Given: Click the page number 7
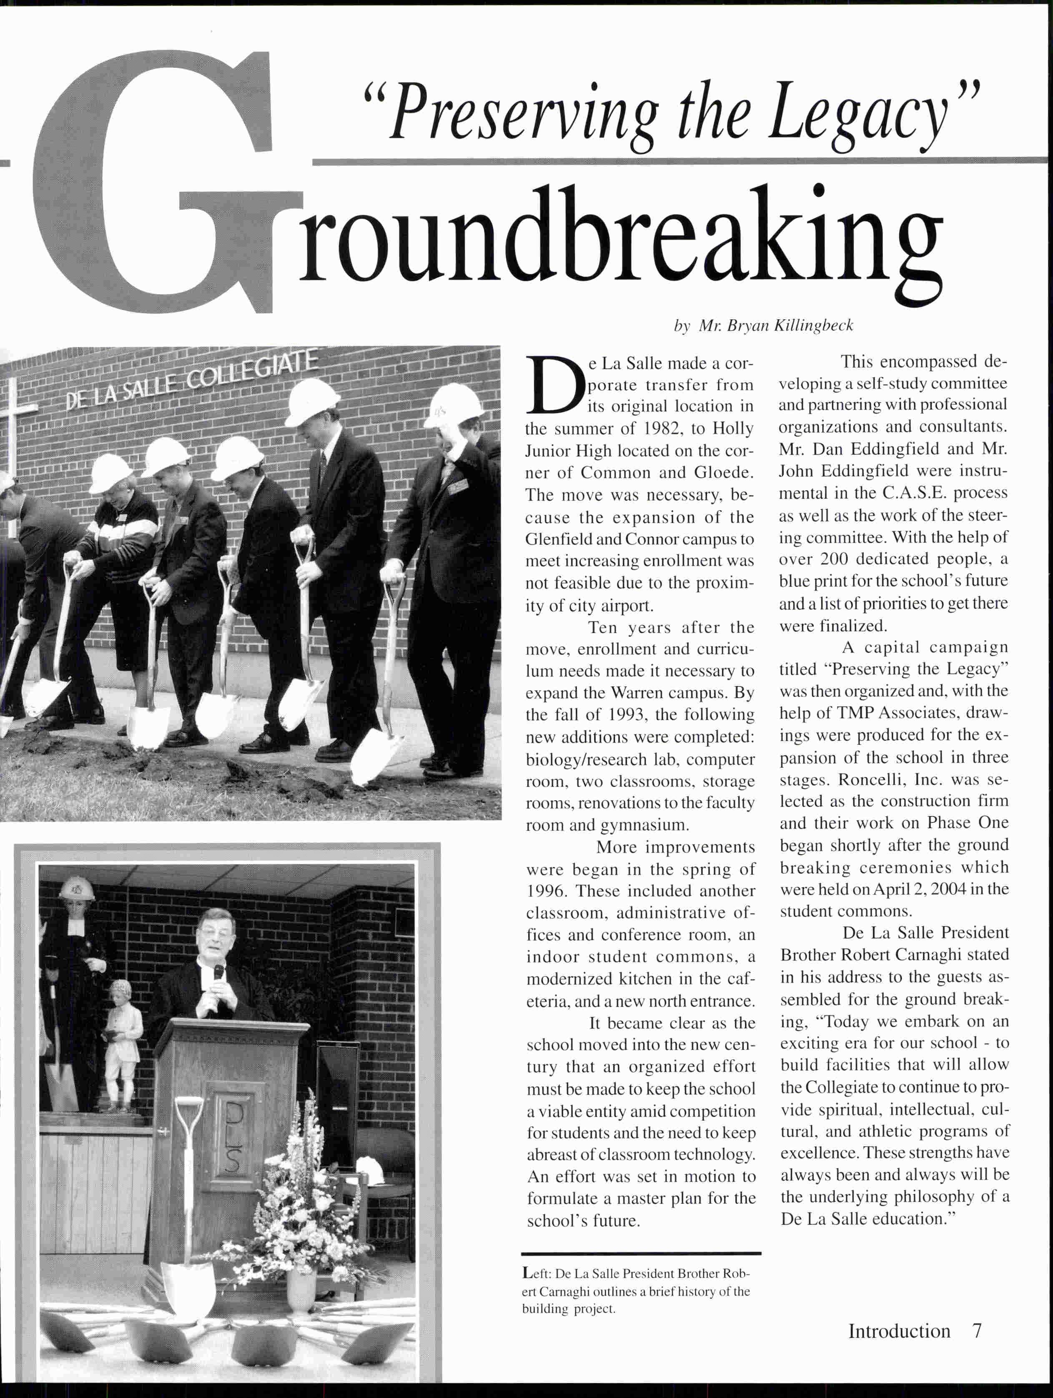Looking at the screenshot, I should coord(977,1330).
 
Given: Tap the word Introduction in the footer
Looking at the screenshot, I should coord(899,1330).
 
